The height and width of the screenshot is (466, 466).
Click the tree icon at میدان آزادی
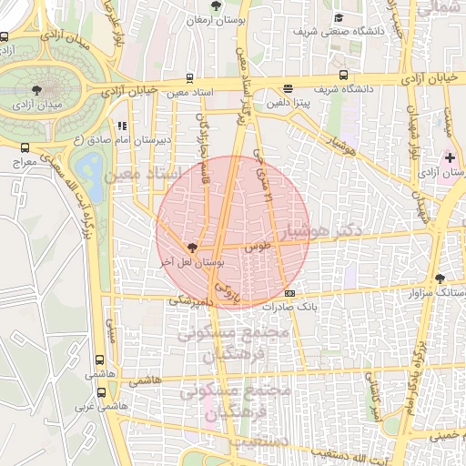pyautogui.click(x=36, y=89)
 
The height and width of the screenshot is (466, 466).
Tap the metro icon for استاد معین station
pyautogui.click(x=190, y=78)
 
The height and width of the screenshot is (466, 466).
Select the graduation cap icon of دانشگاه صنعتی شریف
pyautogui.click(x=339, y=17)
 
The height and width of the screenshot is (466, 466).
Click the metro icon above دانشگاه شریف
pyautogui.click(x=343, y=76)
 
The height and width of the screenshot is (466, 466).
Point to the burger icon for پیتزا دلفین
pyautogui.click(x=289, y=89)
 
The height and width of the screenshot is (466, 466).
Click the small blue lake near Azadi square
pyautogui.click(x=91, y=167)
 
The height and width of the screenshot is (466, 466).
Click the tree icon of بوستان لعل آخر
pyautogui.click(x=191, y=247)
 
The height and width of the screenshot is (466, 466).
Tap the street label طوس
pyautogui.click(x=259, y=246)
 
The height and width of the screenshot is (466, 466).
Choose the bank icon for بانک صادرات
pyautogui.click(x=290, y=293)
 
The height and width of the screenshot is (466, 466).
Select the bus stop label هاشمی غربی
pyautogui.click(x=91, y=407)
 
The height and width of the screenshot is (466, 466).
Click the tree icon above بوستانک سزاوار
pyautogui.click(x=441, y=279)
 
